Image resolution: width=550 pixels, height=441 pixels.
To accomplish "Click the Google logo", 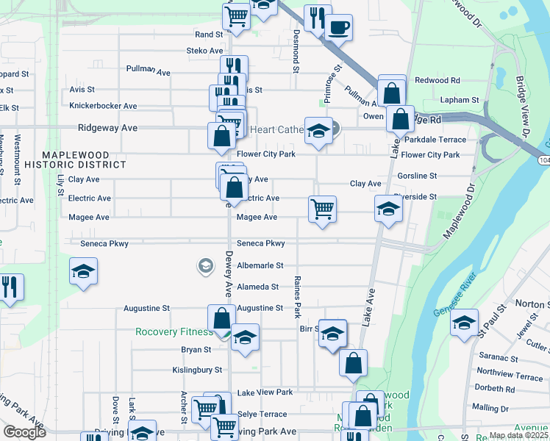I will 24,432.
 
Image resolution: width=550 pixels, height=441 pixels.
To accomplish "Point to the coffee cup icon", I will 337,28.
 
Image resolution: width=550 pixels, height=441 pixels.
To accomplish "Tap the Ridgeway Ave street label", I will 108,128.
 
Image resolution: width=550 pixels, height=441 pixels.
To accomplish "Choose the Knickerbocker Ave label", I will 103,106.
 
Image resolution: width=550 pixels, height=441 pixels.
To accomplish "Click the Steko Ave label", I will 204,51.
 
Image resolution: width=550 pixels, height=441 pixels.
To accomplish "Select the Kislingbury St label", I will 197,370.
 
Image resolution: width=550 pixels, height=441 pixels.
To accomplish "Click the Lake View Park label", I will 264,392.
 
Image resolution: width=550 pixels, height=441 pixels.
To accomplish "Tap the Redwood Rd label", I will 437,80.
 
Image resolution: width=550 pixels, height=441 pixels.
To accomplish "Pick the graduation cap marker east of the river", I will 464,323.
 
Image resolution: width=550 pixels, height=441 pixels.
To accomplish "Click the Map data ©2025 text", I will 519,435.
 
